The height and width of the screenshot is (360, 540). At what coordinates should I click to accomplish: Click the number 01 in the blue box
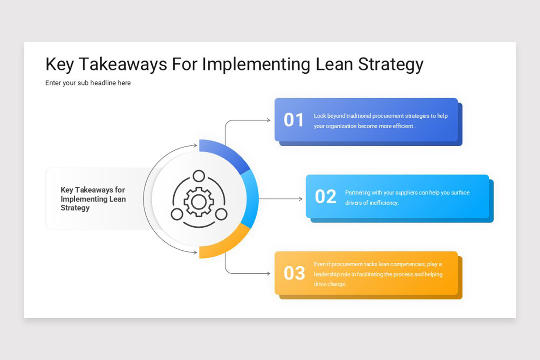294,120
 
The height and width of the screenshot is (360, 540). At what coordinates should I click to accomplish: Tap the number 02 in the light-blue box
325,197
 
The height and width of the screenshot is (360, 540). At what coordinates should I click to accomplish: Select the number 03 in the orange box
294,273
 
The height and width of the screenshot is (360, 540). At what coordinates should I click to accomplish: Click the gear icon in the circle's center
198,200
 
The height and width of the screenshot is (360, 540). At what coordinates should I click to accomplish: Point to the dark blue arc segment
227,155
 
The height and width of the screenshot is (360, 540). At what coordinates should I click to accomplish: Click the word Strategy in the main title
391,64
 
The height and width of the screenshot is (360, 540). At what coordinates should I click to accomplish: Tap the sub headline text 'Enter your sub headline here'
88,83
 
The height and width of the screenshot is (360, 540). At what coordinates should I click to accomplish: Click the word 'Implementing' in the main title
256,64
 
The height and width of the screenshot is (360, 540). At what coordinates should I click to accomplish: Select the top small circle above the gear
198,176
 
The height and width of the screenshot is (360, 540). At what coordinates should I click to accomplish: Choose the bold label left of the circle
93,199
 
